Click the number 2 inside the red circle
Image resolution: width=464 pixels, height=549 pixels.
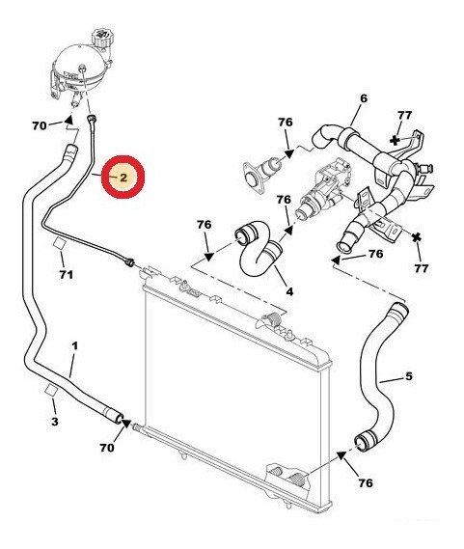pyautogui.click(x=123, y=178)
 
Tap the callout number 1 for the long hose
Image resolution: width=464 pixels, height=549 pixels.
pyautogui.click(x=75, y=346)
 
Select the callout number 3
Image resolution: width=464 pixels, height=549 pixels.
pyautogui.click(x=55, y=422)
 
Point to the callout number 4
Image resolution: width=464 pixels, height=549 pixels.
pyautogui.click(x=289, y=291)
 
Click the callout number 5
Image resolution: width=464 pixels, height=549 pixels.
pyautogui.click(x=409, y=376)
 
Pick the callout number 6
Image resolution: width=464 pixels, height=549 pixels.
pyautogui.click(x=364, y=98)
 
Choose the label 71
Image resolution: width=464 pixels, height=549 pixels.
pyautogui.click(x=67, y=274)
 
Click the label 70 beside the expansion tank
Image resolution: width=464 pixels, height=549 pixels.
pyautogui.click(x=40, y=125)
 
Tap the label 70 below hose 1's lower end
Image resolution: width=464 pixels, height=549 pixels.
pyautogui.click(x=107, y=448)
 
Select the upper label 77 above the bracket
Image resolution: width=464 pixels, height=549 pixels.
pyautogui.click(x=404, y=115)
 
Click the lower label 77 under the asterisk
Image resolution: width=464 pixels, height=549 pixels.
pyautogui.click(x=422, y=268)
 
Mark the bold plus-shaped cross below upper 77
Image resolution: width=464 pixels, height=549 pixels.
pyautogui.click(x=395, y=141)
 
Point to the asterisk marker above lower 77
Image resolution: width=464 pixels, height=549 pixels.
pyautogui.click(x=417, y=237)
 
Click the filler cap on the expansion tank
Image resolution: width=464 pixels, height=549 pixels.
pyautogui.click(x=102, y=37)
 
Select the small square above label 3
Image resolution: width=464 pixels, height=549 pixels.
pyautogui.click(x=51, y=390)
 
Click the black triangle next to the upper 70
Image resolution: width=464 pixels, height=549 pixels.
pyautogui.click(x=68, y=120)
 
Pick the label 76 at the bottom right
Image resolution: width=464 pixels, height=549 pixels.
pyautogui.click(x=366, y=483)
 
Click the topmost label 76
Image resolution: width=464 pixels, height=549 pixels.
pyautogui.click(x=286, y=123)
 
